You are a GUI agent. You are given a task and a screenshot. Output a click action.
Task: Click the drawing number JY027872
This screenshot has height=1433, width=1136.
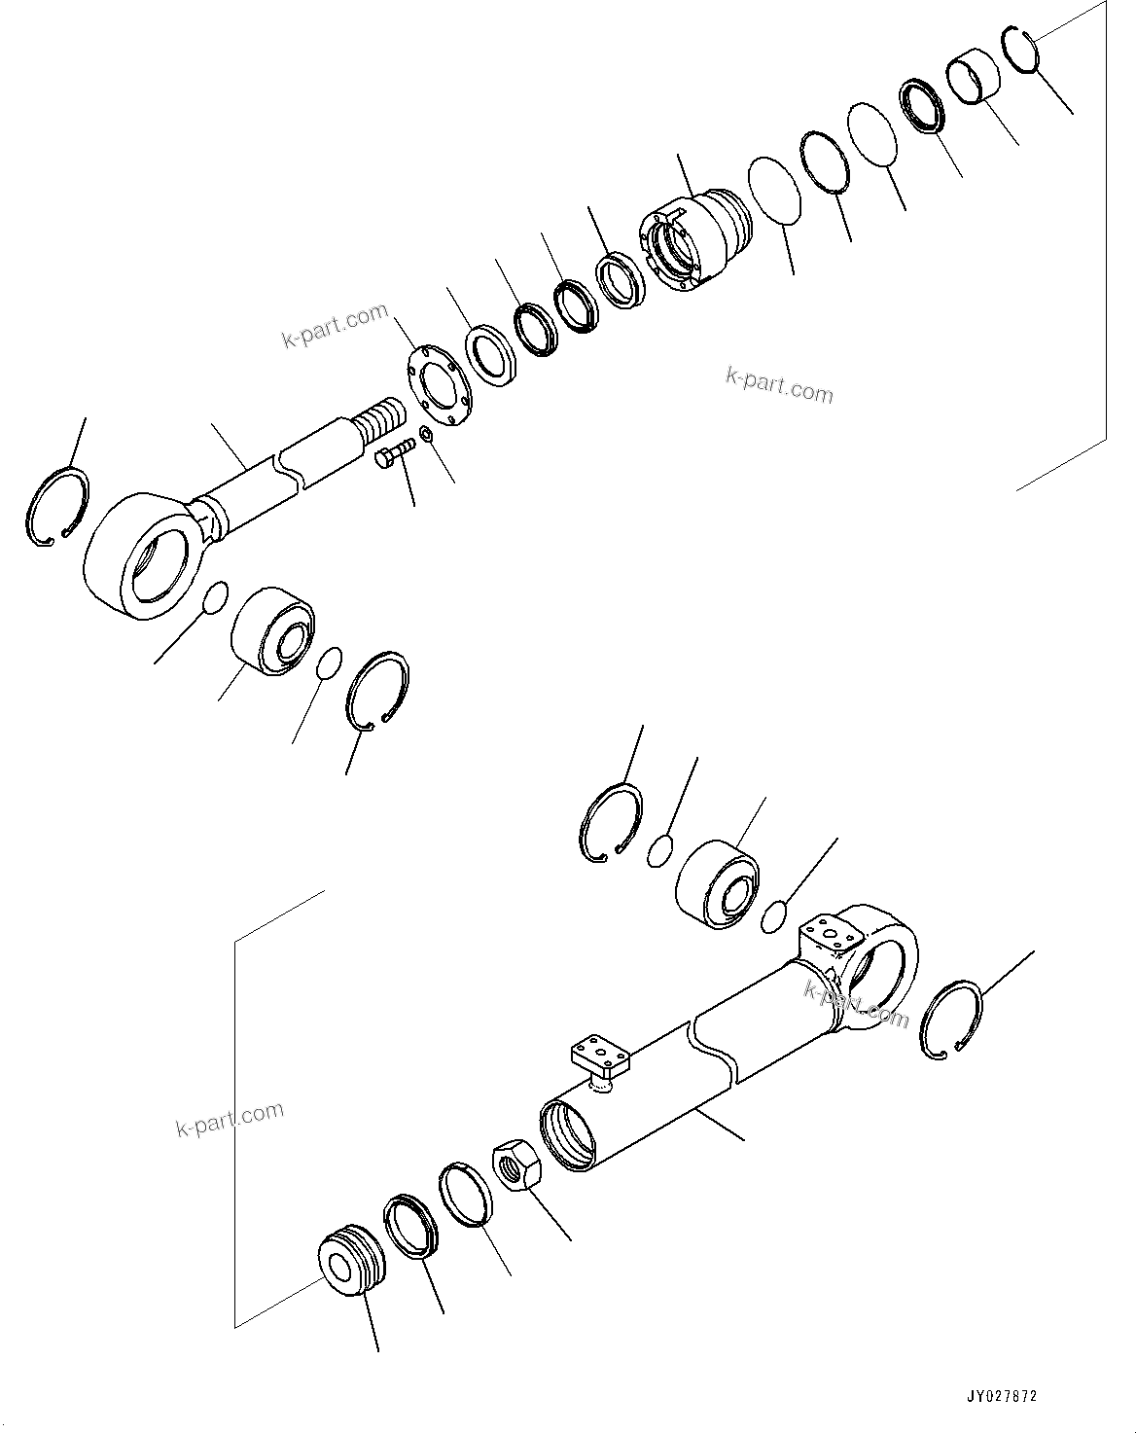(x=1002, y=1395)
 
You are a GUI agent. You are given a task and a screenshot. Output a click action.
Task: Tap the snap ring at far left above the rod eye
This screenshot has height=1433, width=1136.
(x=56, y=505)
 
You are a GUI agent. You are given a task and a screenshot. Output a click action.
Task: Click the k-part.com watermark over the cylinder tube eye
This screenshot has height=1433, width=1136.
(x=855, y=1003)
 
